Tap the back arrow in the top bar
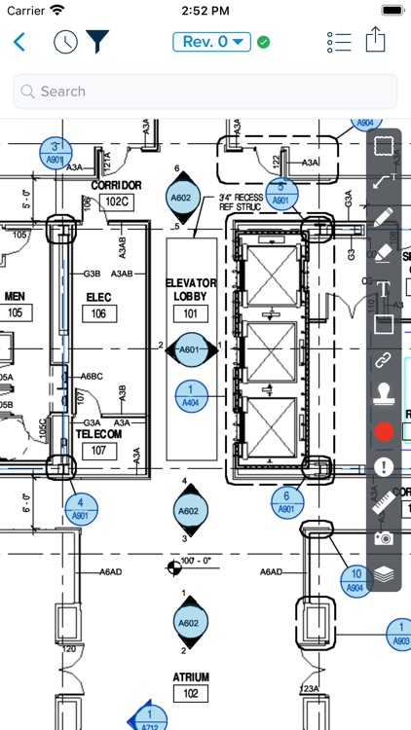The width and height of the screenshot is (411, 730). click(x=19, y=42)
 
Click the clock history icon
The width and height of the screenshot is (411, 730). click(x=65, y=42)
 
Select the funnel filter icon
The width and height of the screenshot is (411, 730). click(x=97, y=42)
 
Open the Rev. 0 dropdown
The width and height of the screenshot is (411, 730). click(x=211, y=42)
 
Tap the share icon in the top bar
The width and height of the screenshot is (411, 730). click(x=376, y=41)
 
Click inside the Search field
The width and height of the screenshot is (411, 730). click(x=205, y=91)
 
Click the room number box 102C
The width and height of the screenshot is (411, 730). click(x=116, y=201)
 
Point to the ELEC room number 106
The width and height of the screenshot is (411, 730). click(x=99, y=313)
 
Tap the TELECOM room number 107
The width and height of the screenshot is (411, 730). click(x=99, y=452)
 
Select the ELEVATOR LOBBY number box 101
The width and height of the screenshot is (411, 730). click(x=190, y=313)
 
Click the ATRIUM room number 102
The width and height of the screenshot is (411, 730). click(x=189, y=693)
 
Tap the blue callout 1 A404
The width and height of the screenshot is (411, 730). click(x=189, y=394)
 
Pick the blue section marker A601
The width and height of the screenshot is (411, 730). click(x=189, y=349)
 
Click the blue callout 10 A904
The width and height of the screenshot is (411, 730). click(x=356, y=580)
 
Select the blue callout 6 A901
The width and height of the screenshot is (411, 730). click(x=286, y=501)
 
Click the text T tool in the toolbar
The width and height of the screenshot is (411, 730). click(x=384, y=288)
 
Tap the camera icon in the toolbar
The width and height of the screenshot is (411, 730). click(x=384, y=538)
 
